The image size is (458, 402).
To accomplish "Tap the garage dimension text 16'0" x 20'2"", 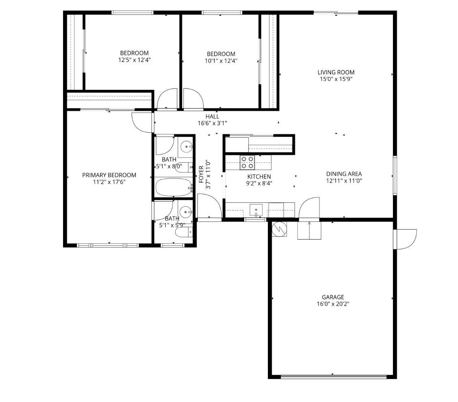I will tap(333, 304).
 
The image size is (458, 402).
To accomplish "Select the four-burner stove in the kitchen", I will tap(247, 162).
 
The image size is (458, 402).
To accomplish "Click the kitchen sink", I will tap(256, 210).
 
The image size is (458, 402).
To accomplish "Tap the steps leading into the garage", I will tap(309, 230).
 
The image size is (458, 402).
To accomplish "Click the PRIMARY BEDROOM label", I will tap(109, 175).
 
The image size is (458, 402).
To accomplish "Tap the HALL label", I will tap(212, 117).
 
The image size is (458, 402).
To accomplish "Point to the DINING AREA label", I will tap(344, 174).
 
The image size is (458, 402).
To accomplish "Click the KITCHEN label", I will tap(259, 177).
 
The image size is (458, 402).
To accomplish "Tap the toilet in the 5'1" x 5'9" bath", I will tap(183, 233).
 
